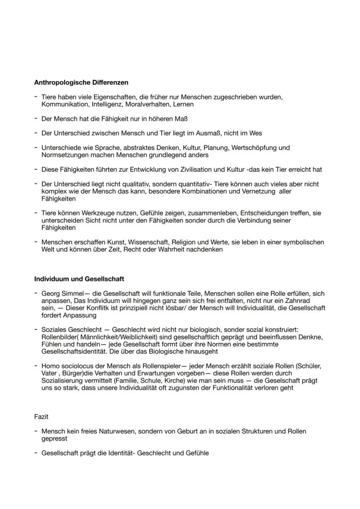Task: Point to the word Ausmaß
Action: [x=200, y=133]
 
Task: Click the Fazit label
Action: [x=41, y=417]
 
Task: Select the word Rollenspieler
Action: [x=160, y=366]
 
